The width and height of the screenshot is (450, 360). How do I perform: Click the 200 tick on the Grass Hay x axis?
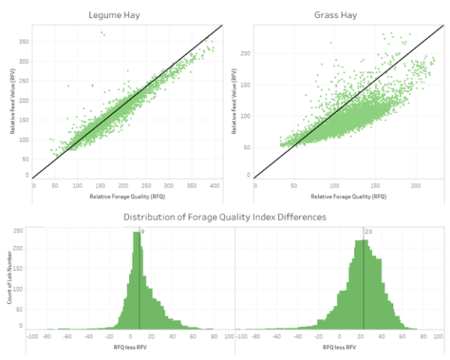pyautogui.click(x=415, y=184)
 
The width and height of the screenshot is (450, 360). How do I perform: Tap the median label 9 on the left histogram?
pyautogui.click(x=142, y=232)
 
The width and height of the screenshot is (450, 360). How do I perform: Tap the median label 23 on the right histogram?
pyautogui.click(x=369, y=232)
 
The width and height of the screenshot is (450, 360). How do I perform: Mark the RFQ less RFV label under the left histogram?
pyautogui.click(x=124, y=348)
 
